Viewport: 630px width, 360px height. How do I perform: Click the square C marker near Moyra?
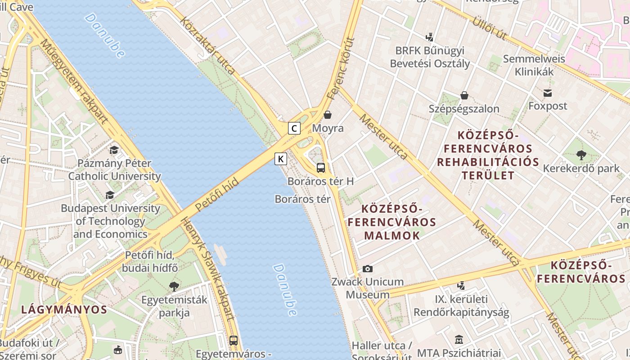pyautogui.click(x=294, y=128)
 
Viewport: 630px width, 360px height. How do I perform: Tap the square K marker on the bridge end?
pyautogui.click(x=281, y=158)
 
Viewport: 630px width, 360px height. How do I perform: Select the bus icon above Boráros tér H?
pyautogui.click(x=320, y=168)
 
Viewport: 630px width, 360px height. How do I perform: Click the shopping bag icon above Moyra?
pyautogui.click(x=328, y=115)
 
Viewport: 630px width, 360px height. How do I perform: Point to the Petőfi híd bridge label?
pyautogui.click(x=217, y=195)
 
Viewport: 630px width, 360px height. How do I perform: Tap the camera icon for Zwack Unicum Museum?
pyautogui.click(x=368, y=269)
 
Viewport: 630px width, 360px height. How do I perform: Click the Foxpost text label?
pyautogui.click(x=548, y=106)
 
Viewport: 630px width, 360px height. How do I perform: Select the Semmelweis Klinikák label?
pyautogui.click(x=533, y=65)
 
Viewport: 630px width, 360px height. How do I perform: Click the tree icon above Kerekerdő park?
pyautogui.click(x=581, y=156)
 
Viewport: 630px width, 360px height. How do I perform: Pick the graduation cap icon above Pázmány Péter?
pyautogui.click(x=114, y=150)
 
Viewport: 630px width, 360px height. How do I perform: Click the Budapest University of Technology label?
pyautogui.click(x=110, y=221)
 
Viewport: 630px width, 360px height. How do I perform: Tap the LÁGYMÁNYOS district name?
pyautogui.click(x=64, y=310)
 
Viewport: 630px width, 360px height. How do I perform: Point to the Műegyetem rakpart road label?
pyautogui.click(x=74, y=81)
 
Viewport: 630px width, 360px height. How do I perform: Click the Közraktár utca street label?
pyautogui.click(x=207, y=45)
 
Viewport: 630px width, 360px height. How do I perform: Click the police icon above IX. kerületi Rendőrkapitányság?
pyautogui.click(x=461, y=285)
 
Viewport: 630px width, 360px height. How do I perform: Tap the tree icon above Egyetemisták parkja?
pyautogui.click(x=174, y=286)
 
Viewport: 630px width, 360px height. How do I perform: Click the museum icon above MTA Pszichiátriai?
pyautogui.click(x=459, y=340)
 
